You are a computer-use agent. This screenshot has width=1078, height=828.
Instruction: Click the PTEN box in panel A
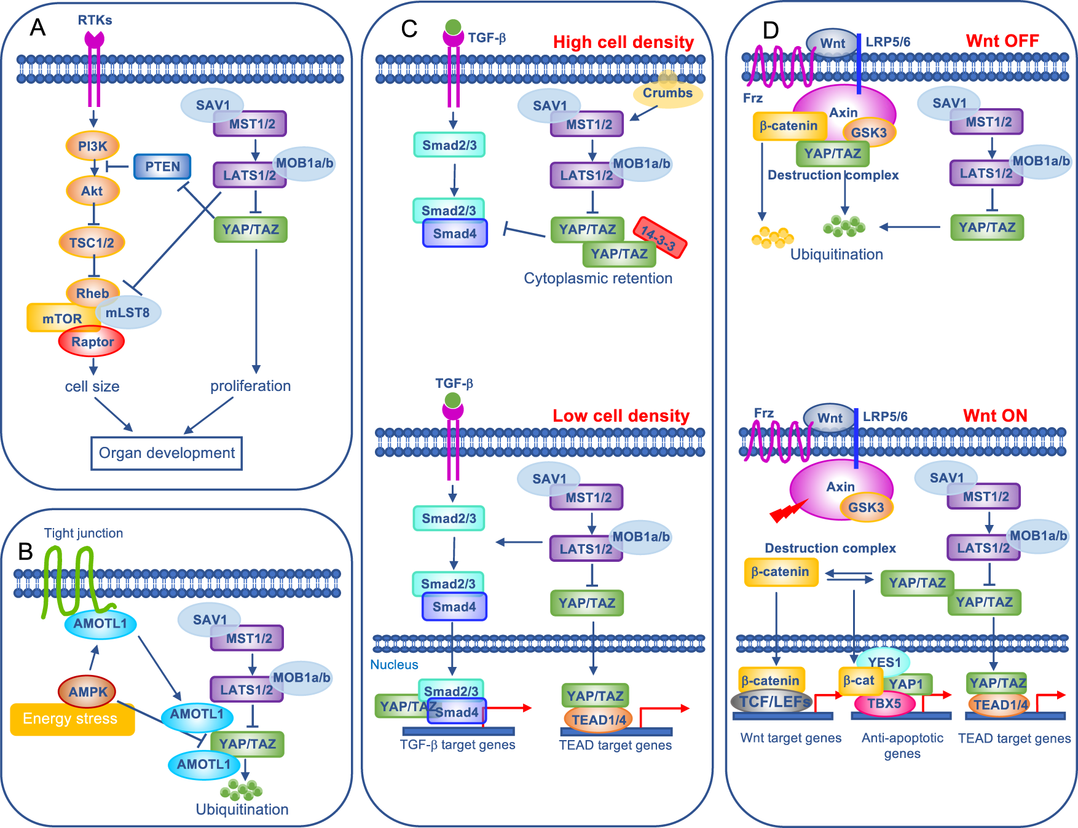pyautogui.click(x=162, y=167)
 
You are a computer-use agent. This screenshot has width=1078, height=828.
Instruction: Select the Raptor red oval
pyautogui.click(x=92, y=342)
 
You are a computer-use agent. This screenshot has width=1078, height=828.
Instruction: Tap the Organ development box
pyautogui.click(x=167, y=453)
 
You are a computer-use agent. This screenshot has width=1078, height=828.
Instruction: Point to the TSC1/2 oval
pyautogui.click(x=92, y=243)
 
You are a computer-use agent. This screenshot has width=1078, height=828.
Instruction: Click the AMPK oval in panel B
pyautogui.click(x=87, y=692)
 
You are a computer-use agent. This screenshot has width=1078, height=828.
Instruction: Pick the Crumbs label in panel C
pyautogui.click(x=667, y=93)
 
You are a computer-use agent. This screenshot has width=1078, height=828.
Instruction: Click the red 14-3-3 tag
pyautogui.click(x=660, y=237)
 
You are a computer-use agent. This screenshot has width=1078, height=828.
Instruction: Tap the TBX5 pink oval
pyautogui.click(x=884, y=703)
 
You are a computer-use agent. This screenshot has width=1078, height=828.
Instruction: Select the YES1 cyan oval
pyautogui.click(x=884, y=662)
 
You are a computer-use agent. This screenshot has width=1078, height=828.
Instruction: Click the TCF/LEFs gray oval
pyautogui.click(x=773, y=701)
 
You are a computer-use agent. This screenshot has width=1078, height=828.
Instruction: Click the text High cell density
pyautogui.click(x=623, y=42)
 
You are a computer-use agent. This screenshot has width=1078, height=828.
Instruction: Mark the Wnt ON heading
pyautogui.click(x=995, y=416)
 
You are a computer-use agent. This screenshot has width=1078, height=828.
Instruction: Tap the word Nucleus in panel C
pyautogui.click(x=394, y=664)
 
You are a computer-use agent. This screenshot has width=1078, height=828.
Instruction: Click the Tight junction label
pyautogui.click(x=84, y=533)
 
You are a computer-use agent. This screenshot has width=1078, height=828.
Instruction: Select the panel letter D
pyautogui.click(x=770, y=30)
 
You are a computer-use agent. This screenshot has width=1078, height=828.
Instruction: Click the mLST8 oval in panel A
pyautogui.click(x=128, y=313)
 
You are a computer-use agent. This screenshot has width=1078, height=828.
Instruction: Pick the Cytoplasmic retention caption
pyautogui.click(x=598, y=278)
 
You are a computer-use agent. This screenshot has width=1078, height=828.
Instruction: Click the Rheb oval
pyautogui.click(x=92, y=293)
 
